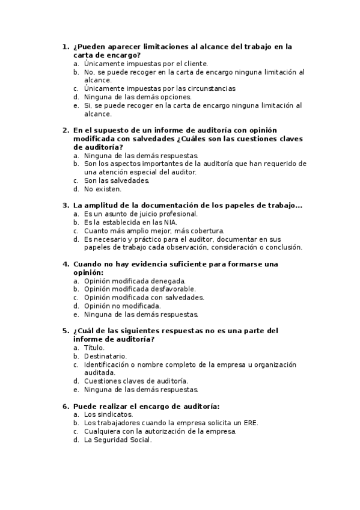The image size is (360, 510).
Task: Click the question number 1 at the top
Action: click(x=64, y=46)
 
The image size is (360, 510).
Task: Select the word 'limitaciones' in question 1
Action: click(x=153, y=46)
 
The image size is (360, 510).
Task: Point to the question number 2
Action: click(x=64, y=130)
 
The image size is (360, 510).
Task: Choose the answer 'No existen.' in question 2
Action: click(x=103, y=189)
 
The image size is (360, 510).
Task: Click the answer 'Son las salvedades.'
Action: click(x=117, y=180)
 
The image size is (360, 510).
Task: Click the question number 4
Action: click(x=64, y=264)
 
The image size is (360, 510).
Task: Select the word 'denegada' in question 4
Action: click(x=170, y=281)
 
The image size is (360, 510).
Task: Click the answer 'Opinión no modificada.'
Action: click(x=122, y=306)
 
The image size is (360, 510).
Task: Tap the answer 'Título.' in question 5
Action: click(x=94, y=348)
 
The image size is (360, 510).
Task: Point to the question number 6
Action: click(x=64, y=406)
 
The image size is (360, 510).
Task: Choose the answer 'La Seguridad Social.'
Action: click(x=118, y=440)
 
